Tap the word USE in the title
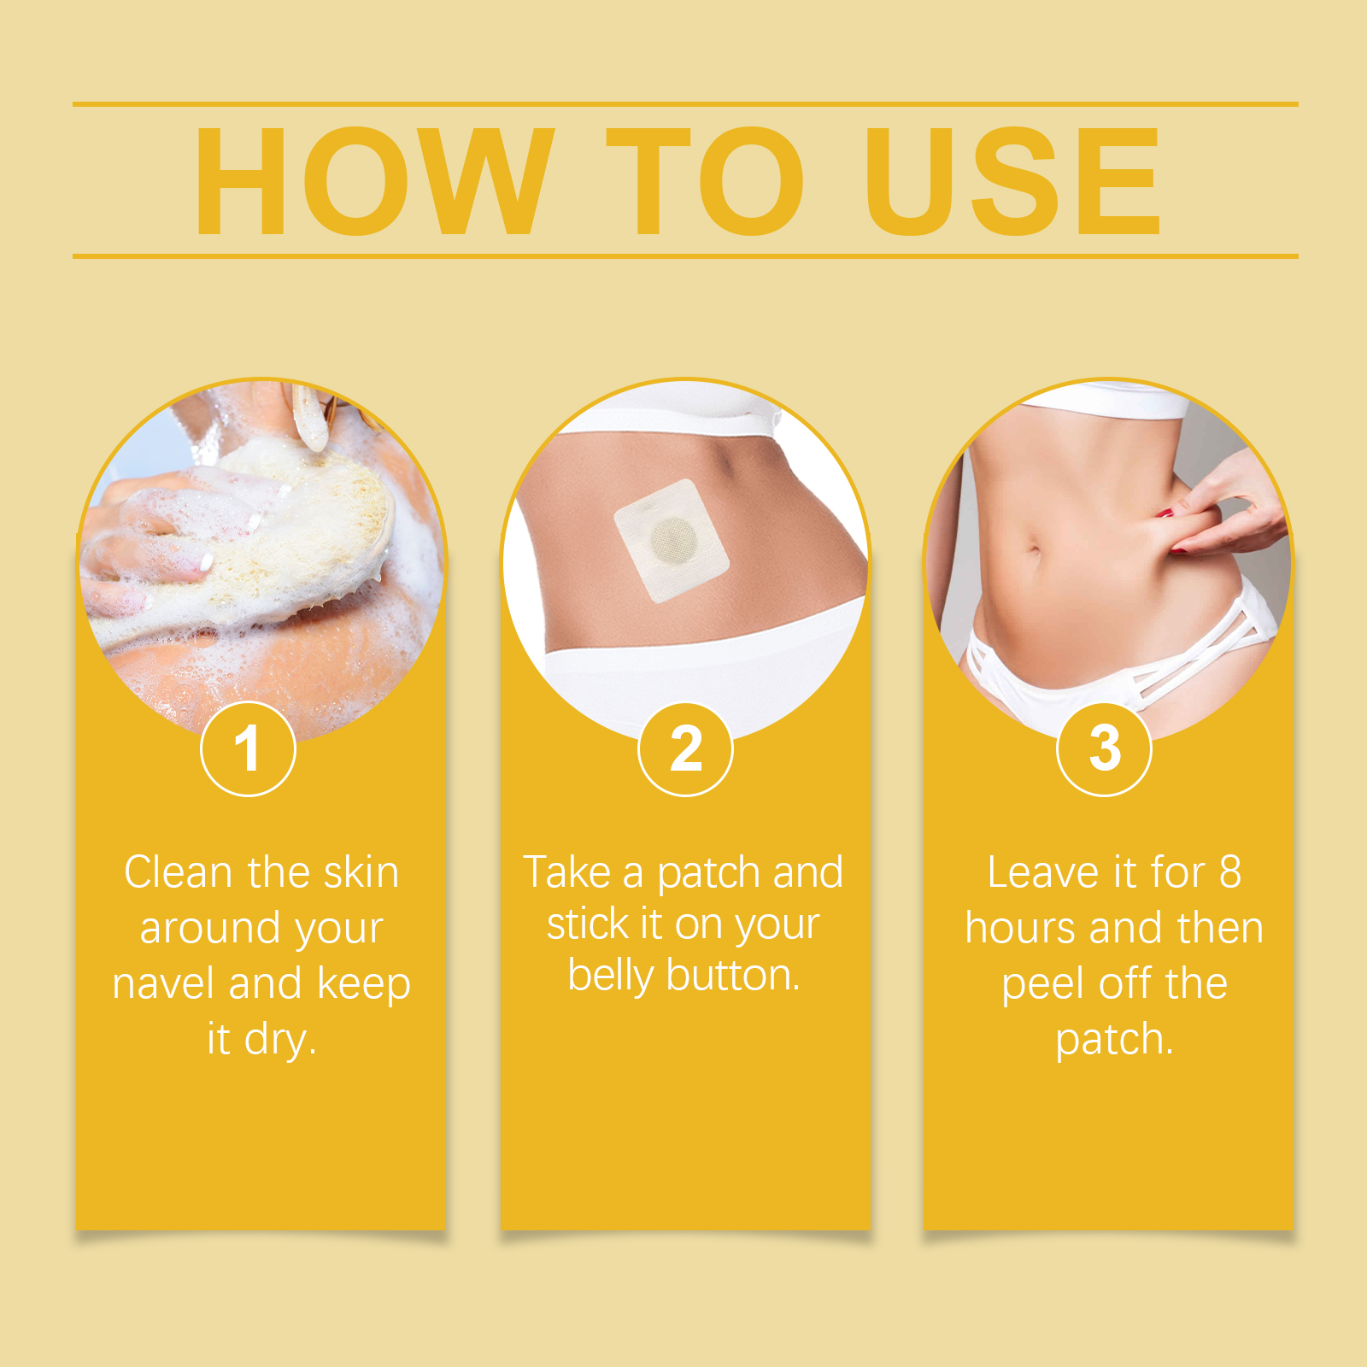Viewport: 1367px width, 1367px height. [x=1013, y=180]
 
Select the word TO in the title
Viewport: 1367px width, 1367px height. [x=706, y=180]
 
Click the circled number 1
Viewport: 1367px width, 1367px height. [x=248, y=749]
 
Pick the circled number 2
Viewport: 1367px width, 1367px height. [x=685, y=749]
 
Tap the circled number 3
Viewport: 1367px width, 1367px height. [x=1105, y=749]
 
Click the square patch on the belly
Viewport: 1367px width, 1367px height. [x=672, y=540]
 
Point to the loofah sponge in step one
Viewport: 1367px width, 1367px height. [x=256, y=538]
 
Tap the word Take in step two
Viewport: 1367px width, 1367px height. [x=567, y=872]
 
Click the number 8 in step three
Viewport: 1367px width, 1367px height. [x=1229, y=872]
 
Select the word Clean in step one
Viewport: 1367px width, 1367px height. [x=179, y=872]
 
